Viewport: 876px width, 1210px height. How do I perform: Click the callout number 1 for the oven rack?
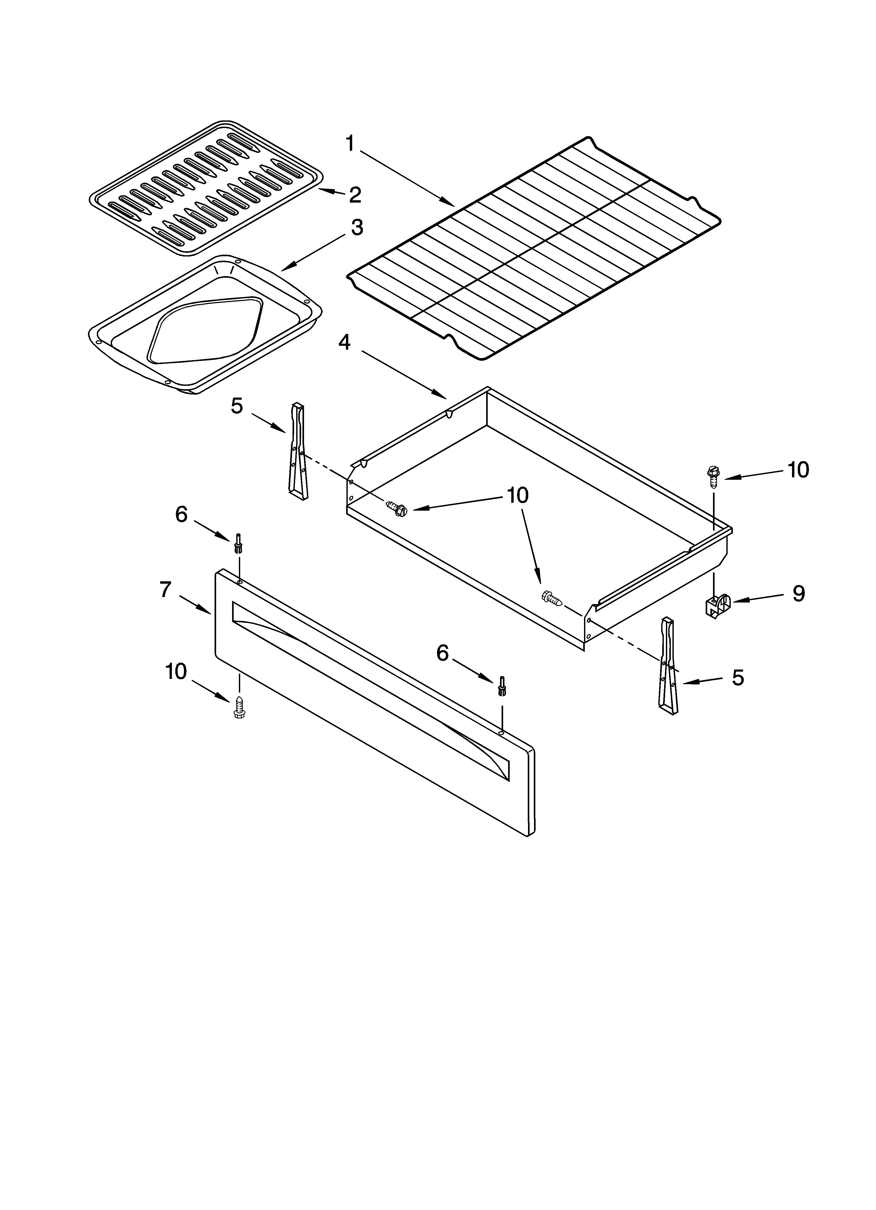[350, 143]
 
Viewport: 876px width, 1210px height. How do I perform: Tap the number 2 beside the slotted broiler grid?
[355, 195]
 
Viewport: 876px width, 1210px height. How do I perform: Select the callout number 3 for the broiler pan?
[357, 228]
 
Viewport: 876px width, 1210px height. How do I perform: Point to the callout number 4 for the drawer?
[345, 342]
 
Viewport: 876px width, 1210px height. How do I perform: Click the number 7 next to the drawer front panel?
[165, 589]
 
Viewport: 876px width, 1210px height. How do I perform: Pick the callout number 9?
[798, 593]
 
